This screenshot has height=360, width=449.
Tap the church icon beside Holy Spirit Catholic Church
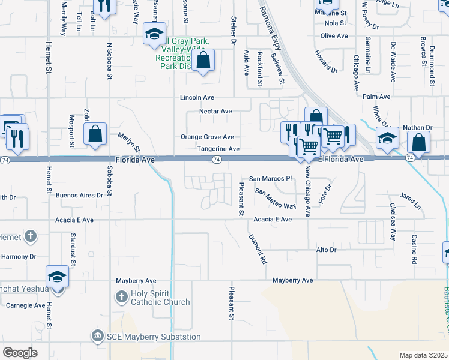point(121,296)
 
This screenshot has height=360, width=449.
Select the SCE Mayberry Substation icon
point(97,336)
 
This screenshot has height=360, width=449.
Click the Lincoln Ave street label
point(198,97)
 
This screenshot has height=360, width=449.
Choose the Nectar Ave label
point(215,112)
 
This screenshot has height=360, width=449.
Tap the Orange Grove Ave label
point(207,137)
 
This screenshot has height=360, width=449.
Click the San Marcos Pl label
point(270,178)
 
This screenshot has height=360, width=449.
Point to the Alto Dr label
point(325,249)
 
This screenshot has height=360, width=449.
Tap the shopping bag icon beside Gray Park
point(203,60)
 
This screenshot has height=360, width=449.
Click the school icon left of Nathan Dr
point(387,137)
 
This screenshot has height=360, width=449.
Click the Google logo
point(20,352)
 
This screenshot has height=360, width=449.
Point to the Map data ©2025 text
point(423,355)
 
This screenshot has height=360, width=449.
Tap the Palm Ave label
point(376,97)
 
